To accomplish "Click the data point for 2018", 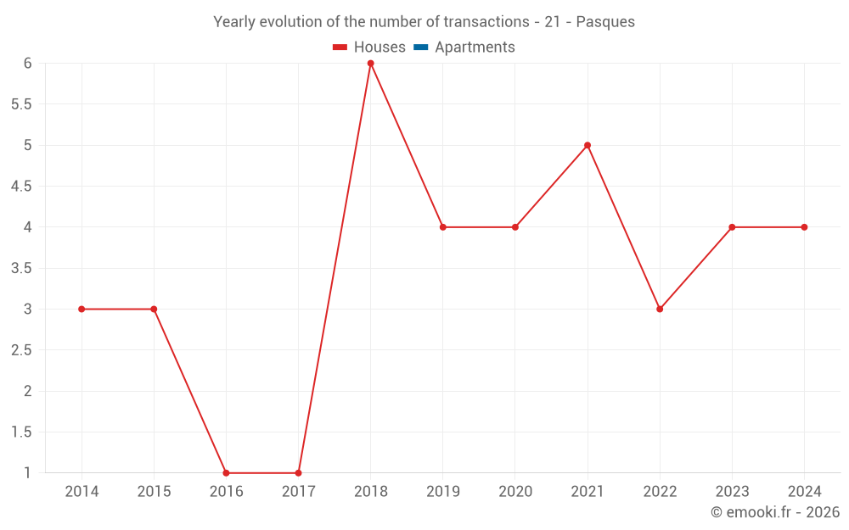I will click(371, 64).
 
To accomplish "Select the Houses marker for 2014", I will click(82, 310).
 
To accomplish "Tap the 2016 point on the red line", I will click(226, 473).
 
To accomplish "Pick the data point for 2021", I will click(588, 145).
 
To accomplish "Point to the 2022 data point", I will click(660, 310).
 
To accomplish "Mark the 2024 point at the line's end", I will click(804, 227).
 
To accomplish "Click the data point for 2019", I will click(443, 227).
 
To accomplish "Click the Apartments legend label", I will click(475, 47).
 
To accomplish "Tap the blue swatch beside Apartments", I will click(420, 47).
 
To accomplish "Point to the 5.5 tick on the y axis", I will click(21, 104).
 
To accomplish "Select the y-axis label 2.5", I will click(21, 350).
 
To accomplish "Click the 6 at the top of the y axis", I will click(27, 64).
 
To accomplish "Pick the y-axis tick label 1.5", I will click(21, 432).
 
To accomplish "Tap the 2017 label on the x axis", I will click(298, 492).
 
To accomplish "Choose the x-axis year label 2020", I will click(515, 492).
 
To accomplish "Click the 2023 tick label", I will click(732, 492).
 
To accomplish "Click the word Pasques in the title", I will click(605, 22).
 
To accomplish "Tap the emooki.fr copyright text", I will click(775, 512).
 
